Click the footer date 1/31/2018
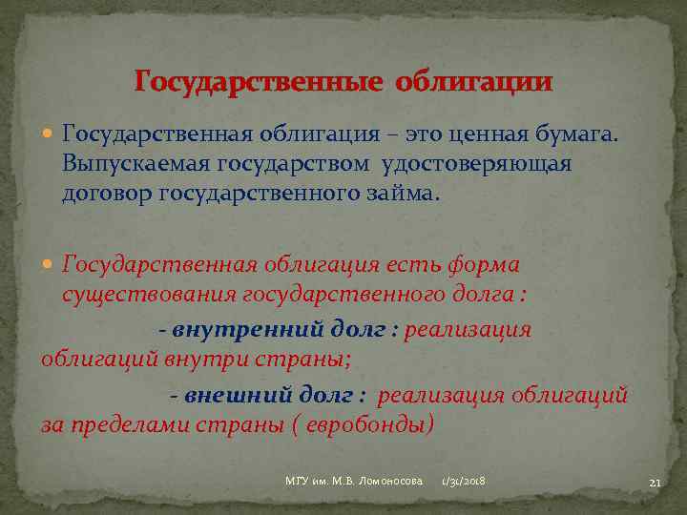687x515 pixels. tap(463, 483)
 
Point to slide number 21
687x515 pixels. tap(655, 484)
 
